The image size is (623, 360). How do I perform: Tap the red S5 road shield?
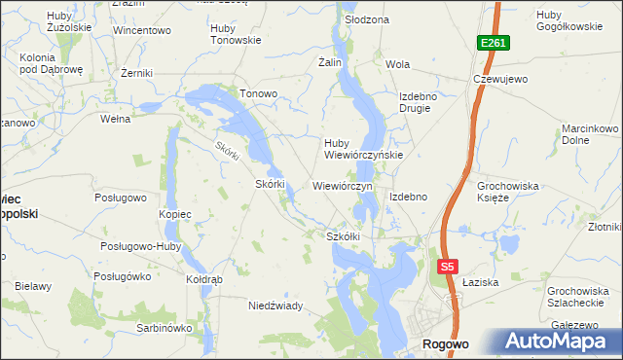click(x=447, y=267)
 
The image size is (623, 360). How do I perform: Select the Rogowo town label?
click(x=446, y=344)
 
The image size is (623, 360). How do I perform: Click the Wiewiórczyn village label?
click(x=343, y=185)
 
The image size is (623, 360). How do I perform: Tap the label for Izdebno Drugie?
click(x=421, y=102)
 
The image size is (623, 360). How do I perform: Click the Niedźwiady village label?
click(x=275, y=306)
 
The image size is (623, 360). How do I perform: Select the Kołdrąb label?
click(x=204, y=279)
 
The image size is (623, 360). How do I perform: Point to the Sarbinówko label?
click(x=165, y=328)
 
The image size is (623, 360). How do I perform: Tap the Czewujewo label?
click(x=499, y=79)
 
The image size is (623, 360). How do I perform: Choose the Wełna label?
click(x=116, y=120)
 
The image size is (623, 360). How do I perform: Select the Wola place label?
click(x=397, y=64)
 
